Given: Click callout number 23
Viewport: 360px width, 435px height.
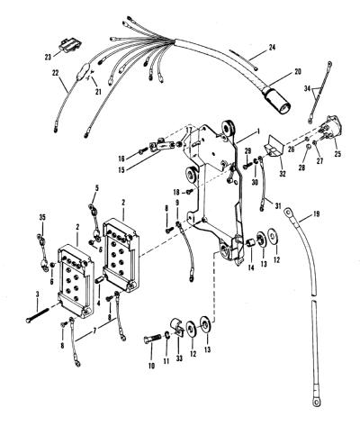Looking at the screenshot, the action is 48,57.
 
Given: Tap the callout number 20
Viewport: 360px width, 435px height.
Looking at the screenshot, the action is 298,72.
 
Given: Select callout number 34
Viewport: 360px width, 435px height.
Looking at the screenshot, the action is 307,88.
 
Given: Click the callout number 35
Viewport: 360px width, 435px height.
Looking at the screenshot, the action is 42,217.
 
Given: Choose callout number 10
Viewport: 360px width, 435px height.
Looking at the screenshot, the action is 151,366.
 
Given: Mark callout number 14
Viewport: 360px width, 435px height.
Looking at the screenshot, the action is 251,267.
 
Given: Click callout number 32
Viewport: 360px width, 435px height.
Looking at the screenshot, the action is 283,173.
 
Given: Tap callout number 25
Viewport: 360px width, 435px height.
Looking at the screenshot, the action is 337,154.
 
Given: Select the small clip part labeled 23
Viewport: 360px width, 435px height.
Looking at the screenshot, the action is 70,45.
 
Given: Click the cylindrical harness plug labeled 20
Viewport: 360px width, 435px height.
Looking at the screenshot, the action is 276,103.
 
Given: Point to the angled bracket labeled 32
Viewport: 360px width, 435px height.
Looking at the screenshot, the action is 274,148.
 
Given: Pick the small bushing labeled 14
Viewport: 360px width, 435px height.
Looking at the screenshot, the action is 251,242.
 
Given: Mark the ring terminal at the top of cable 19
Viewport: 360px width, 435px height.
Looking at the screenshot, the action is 289,213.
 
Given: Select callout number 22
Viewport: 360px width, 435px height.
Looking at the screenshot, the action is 55,73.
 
